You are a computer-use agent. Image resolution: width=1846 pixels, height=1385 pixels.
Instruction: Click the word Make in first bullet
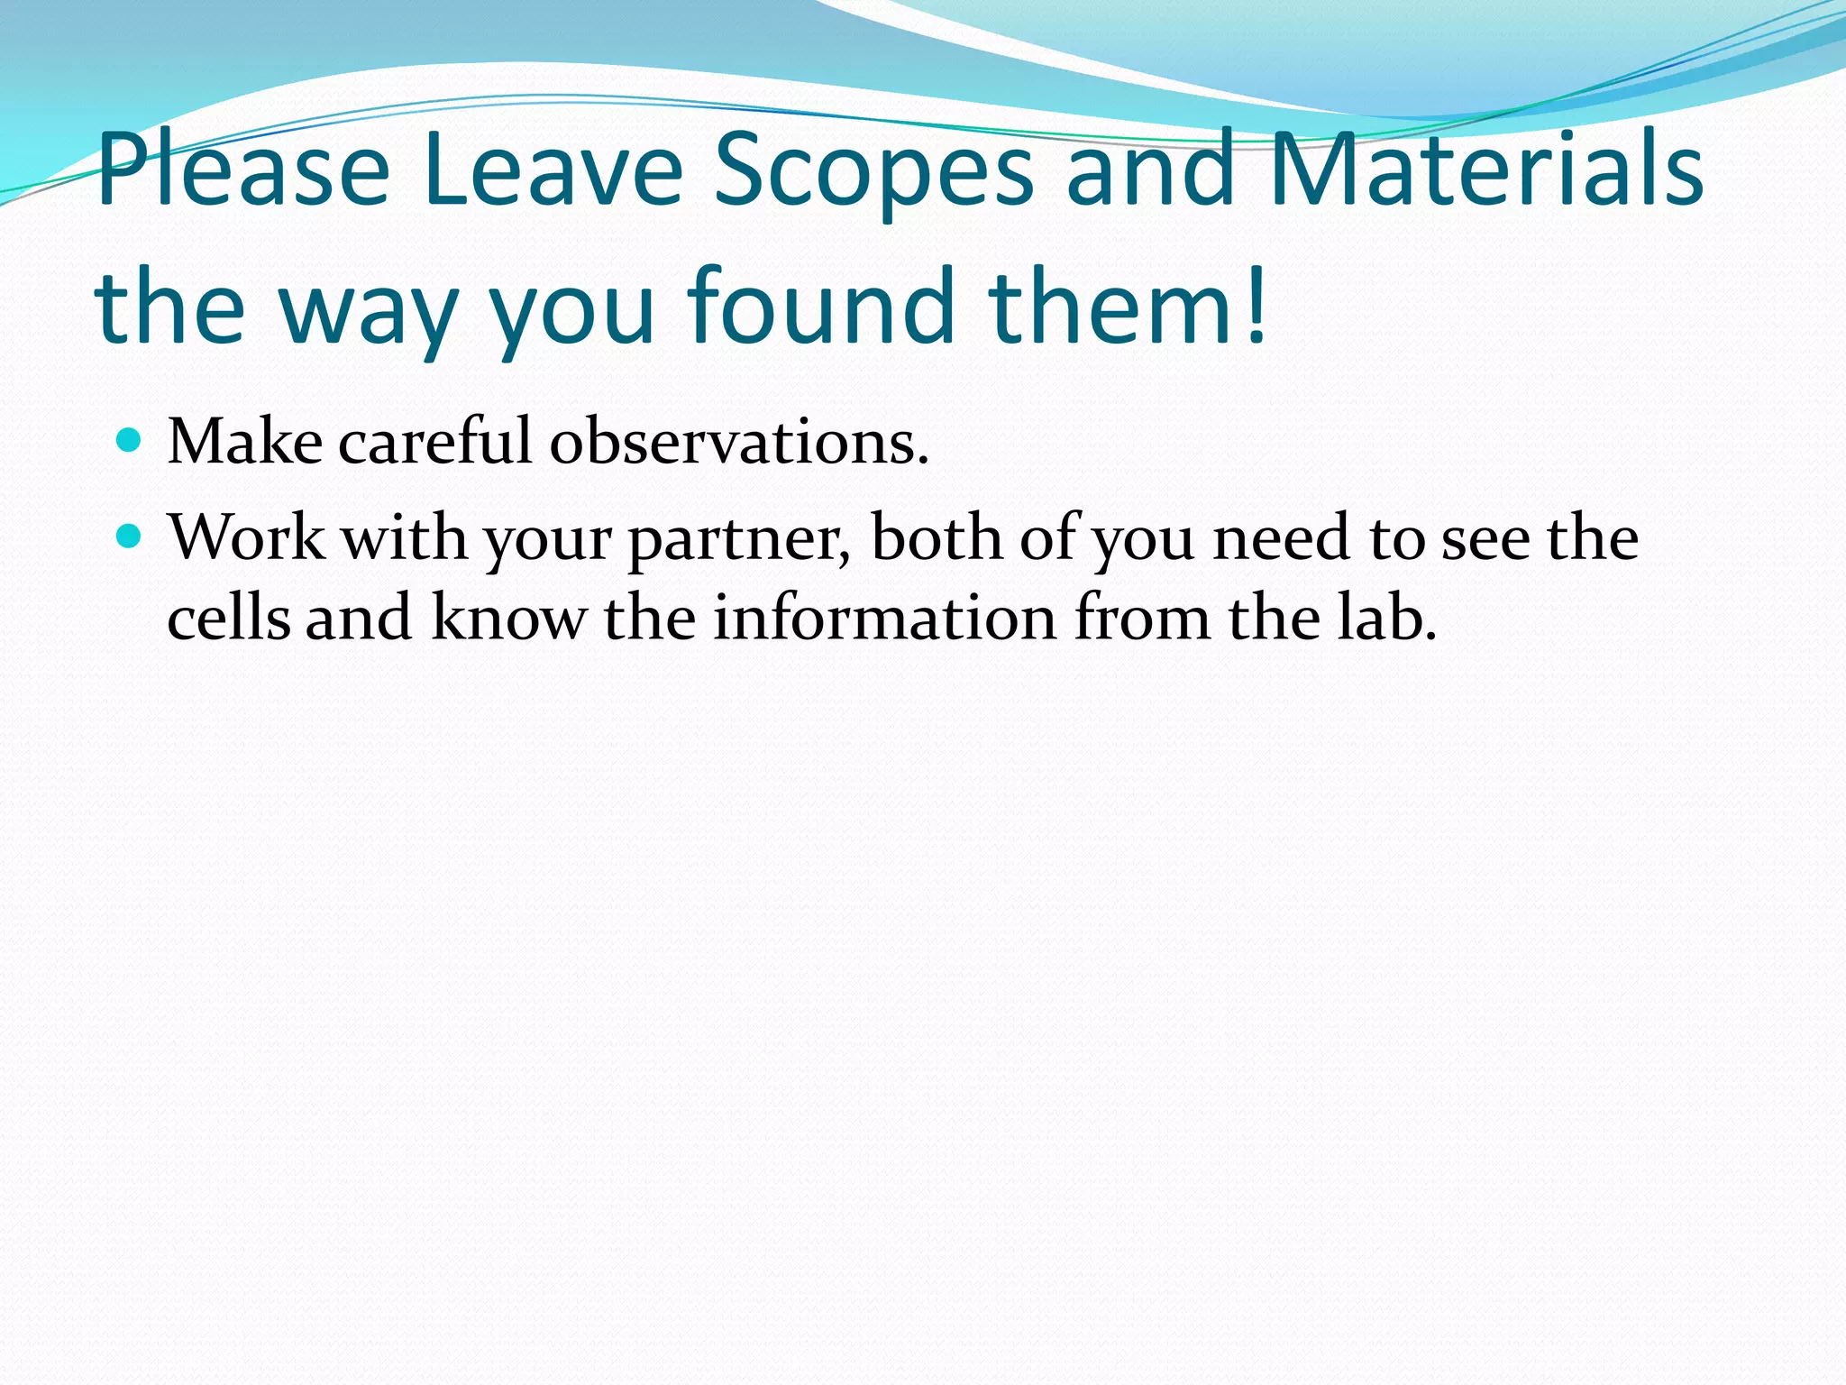[x=245, y=442]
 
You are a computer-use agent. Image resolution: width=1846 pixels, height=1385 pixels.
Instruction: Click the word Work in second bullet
[x=247, y=538]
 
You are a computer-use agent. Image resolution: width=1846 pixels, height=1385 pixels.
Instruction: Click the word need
[x=1281, y=538]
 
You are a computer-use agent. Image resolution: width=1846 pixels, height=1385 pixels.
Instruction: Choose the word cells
[x=228, y=619]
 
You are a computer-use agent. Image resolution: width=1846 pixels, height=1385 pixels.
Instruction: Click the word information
[x=884, y=619]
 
